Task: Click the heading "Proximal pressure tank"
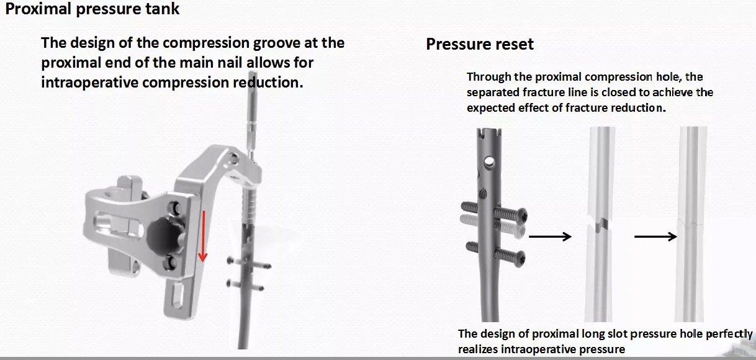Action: click(x=93, y=10)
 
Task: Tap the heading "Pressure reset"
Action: click(x=479, y=44)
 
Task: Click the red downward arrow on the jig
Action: click(x=202, y=236)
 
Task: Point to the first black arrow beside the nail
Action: click(x=550, y=236)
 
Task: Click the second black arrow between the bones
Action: click(x=655, y=236)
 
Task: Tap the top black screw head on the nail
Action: click(x=522, y=215)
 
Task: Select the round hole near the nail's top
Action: click(x=490, y=161)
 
